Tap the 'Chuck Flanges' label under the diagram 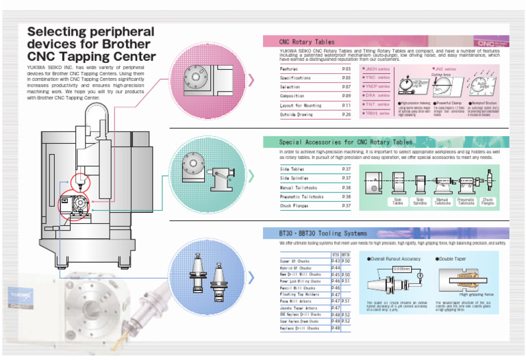pyautogui.click(x=488, y=202)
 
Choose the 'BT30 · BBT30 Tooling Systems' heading pyautogui.click(x=318, y=233)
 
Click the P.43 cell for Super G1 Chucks pyautogui.click(x=336, y=261)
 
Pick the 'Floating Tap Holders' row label pyautogui.click(x=300, y=295)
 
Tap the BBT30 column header pyautogui.click(x=346, y=254)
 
